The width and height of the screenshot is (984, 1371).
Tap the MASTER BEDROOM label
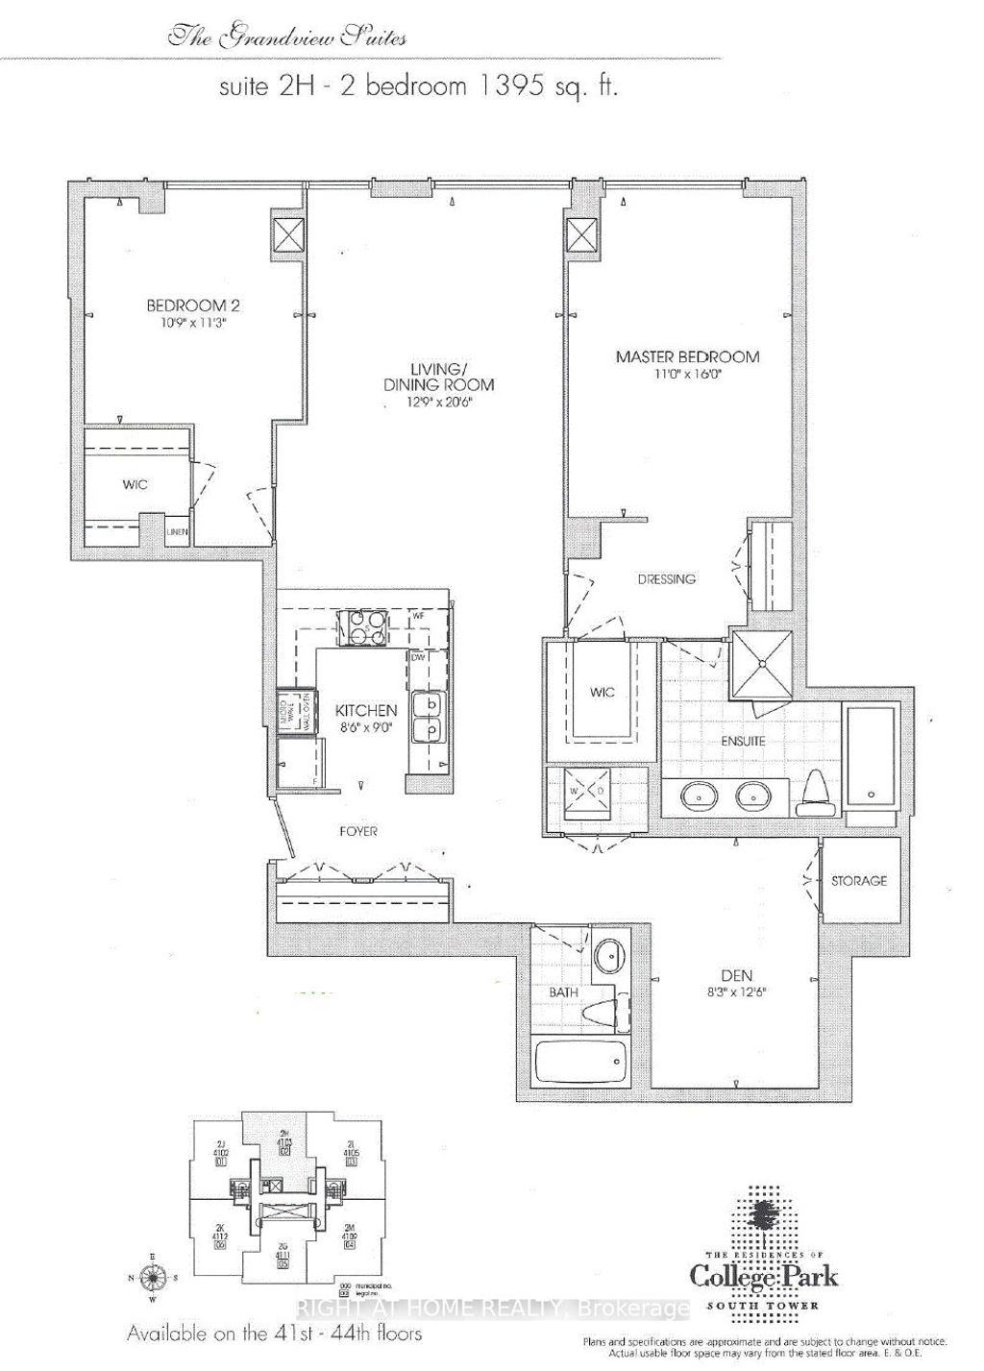[x=687, y=356]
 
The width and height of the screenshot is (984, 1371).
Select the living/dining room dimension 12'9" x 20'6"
[x=438, y=403]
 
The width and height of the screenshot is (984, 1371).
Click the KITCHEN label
[x=365, y=710]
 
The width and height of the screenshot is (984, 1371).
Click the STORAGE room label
[x=859, y=880]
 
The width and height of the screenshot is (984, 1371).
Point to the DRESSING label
[x=666, y=579]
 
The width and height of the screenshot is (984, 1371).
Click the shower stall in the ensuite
[x=761, y=663]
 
